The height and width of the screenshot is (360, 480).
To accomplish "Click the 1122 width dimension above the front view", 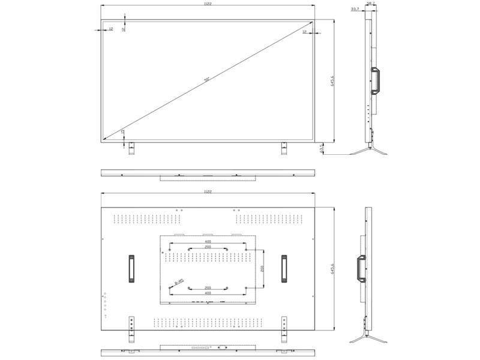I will click(208, 4).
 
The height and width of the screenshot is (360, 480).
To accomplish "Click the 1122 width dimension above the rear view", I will click(208, 191).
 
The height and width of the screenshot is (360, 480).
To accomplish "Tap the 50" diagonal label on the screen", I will click(207, 79).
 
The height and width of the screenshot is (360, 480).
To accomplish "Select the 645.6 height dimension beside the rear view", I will click(331, 269).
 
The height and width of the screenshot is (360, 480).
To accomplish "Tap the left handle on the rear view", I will click(131, 269).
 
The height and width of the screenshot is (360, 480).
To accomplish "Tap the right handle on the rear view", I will click(284, 269).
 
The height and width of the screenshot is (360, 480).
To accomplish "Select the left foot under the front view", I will click(130, 148).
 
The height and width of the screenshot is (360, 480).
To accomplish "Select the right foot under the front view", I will click(284, 148).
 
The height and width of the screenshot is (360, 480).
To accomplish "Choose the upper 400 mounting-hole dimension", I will click(207, 242).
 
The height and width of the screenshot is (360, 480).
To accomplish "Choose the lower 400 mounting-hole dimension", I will click(207, 293).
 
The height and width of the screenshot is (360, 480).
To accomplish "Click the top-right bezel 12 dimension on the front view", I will click(305, 31).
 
